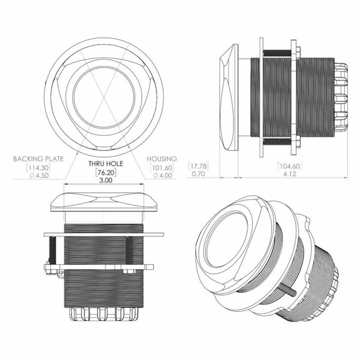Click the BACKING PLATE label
click(38, 159)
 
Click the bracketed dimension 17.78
click(198, 166)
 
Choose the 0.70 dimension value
click(198, 173)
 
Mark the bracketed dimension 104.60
click(288, 166)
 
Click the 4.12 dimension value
click(288, 173)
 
